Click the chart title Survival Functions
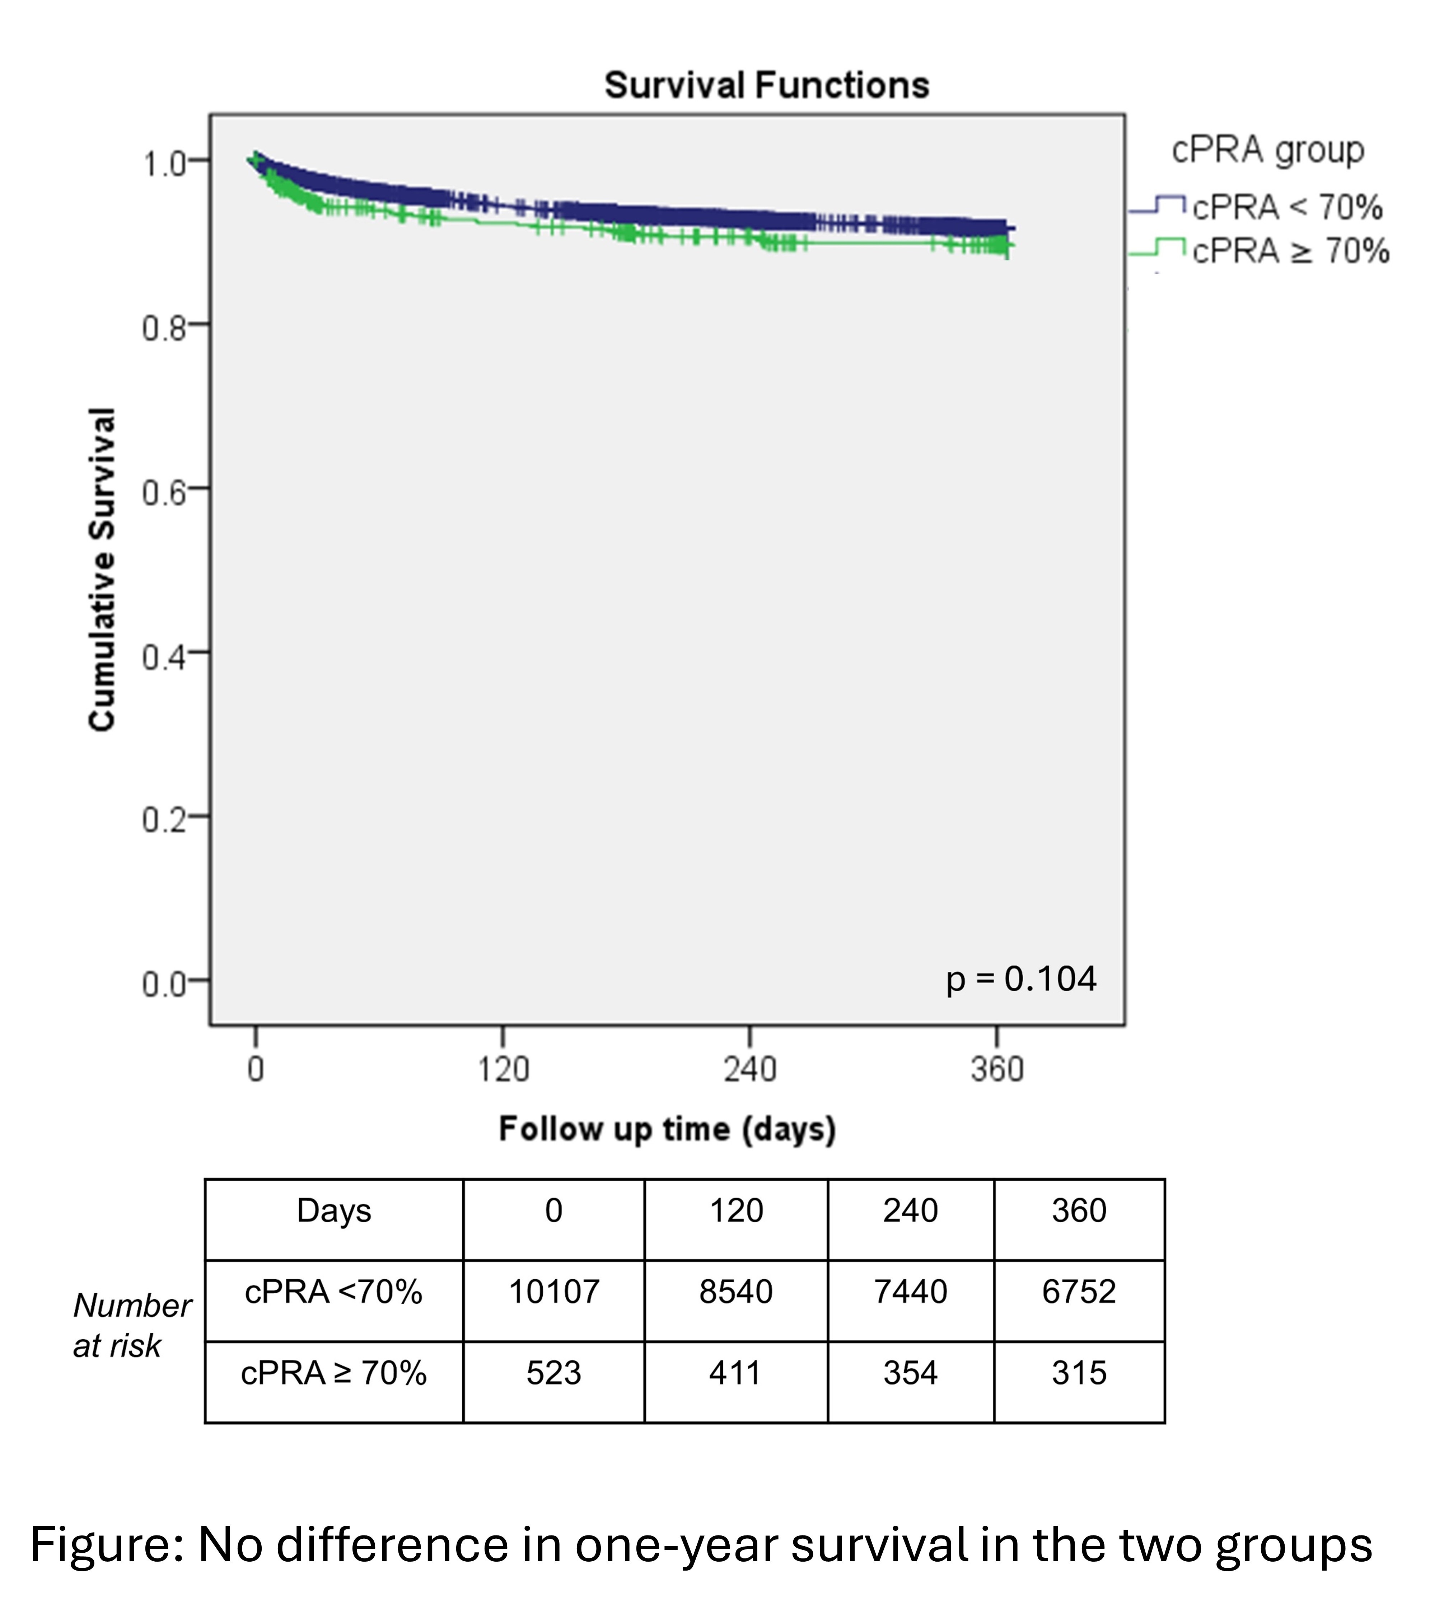click(x=766, y=85)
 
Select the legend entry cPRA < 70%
click(x=1287, y=208)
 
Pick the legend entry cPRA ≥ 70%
click(x=1290, y=251)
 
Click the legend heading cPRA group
click(x=1267, y=150)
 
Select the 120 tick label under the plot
click(x=503, y=1070)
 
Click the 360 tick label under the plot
click(x=997, y=1070)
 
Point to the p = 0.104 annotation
click(x=1021, y=979)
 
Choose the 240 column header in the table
click(x=910, y=1210)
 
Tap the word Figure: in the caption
click(x=107, y=1545)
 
